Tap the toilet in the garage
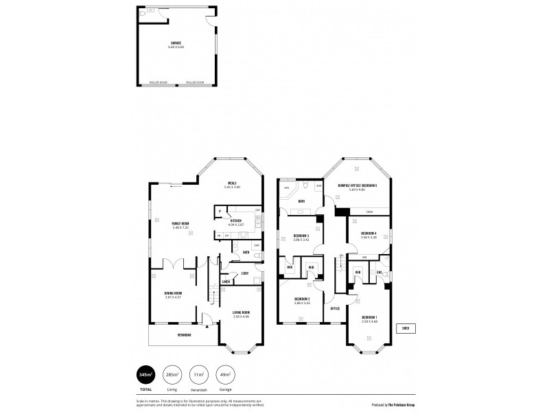coord(142,13)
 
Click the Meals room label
coord(233,183)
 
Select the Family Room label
coord(181,224)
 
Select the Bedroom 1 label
coord(370,319)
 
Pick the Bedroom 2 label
coord(303,299)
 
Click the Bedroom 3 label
coord(301,236)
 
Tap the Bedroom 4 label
coord(369,235)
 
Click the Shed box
coord(406,328)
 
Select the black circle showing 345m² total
coord(145,374)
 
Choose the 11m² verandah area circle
coord(198,374)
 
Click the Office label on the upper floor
coord(336,308)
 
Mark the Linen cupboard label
coord(225,282)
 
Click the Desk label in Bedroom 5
coord(370,211)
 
